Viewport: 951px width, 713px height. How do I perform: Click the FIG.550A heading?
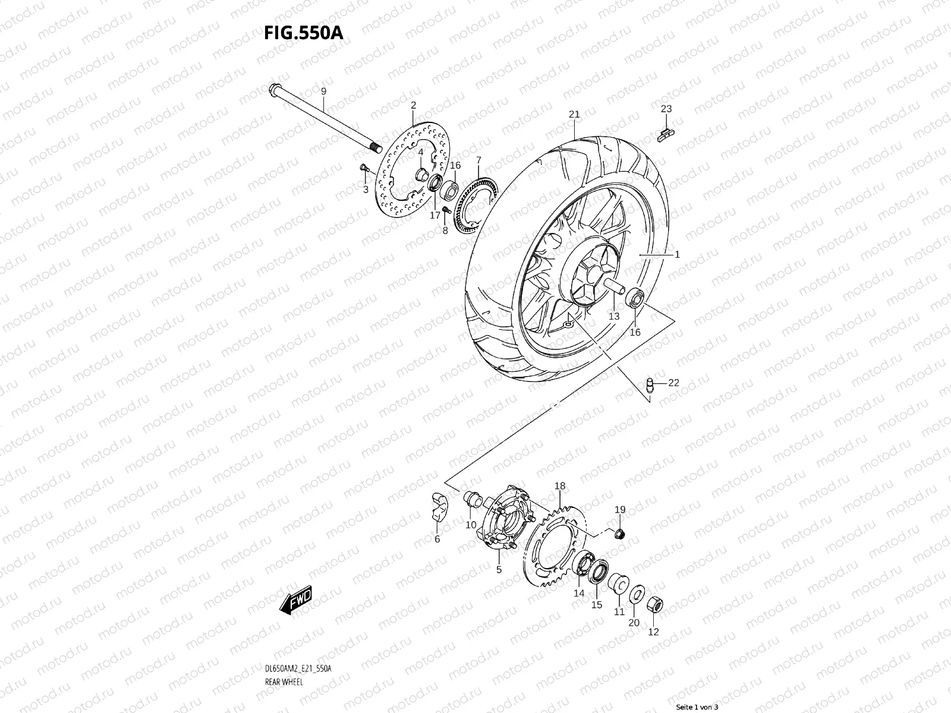point(303,33)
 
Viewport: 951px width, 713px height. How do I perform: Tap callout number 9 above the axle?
point(323,91)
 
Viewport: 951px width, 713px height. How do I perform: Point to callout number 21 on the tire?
point(574,114)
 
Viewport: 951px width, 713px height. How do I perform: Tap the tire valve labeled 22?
point(651,384)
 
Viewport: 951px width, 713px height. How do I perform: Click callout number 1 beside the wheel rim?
point(676,254)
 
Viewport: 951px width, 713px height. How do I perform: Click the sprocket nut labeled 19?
point(618,533)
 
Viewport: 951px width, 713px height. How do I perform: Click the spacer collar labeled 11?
point(618,583)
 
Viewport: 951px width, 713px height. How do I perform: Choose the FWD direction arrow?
point(295,602)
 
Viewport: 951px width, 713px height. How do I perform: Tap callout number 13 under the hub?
point(613,316)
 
